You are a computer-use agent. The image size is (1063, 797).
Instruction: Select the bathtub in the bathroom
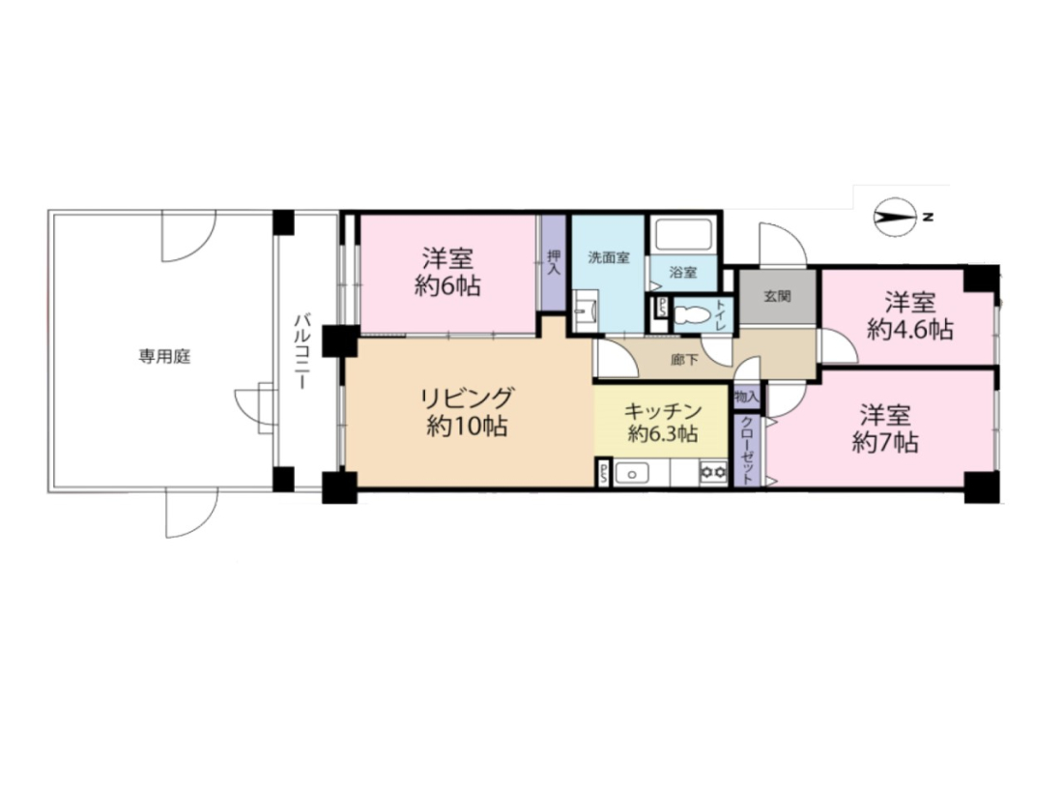[682, 235]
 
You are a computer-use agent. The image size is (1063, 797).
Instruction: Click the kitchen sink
[633, 473]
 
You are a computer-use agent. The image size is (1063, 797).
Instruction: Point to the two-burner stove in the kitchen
[713, 472]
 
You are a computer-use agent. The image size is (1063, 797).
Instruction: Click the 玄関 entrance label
[778, 296]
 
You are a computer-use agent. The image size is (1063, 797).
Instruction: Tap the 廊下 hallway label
[684, 360]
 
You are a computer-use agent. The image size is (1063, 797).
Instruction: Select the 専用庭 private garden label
[164, 356]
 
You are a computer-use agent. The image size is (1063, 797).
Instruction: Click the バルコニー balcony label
[301, 351]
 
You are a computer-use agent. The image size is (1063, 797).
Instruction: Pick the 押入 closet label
[554, 262]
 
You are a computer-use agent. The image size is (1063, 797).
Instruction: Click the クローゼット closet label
[746, 450]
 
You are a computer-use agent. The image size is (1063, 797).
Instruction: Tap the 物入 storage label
[746, 397]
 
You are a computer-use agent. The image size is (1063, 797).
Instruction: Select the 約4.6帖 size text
[909, 331]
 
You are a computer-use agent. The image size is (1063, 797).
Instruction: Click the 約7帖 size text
[885, 443]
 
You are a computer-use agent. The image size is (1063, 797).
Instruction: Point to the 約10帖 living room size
[467, 426]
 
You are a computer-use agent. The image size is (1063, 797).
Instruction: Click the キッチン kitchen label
[662, 411]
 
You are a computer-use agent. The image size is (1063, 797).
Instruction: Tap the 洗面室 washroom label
[609, 257]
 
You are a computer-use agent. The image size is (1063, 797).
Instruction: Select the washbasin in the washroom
[585, 311]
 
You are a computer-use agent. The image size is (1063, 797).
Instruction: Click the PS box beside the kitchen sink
[603, 472]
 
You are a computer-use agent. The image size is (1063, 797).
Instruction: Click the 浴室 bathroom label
[683, 273]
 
